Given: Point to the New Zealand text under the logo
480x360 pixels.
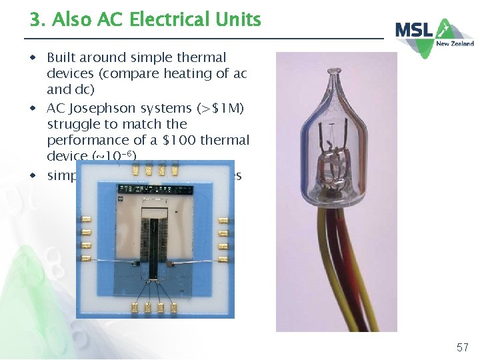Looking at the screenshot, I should point(455,43).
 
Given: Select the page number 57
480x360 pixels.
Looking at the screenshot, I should point(463,347).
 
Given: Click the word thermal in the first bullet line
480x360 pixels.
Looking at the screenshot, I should point(199,58).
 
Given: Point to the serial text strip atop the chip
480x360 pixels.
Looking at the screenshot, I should point(154,189).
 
